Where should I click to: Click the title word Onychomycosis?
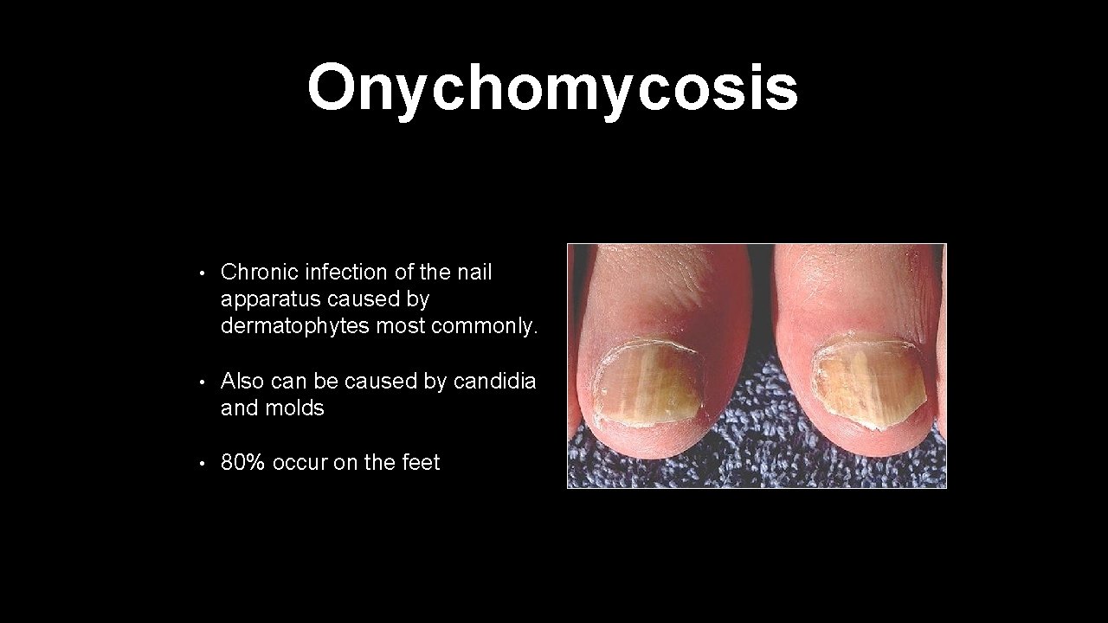pyautogui.click(x=552, y=88)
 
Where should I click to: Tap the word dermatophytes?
pyautogui.click(x=295, y=326)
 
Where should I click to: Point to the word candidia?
pyautogui.click(x=495, y=381)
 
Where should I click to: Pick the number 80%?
pyautogui.click(x=242, y=463)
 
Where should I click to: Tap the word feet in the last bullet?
pyautogui.click(x=421, y=463)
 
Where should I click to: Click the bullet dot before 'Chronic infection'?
pyautogui.click(x=201, y=273)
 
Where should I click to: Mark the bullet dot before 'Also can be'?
pyautogui.click(x=201, y=382)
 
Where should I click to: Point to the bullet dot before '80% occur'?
pyautogui.click(x=201, y=465)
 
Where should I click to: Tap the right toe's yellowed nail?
pyautogui.click(x=868, y=382)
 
